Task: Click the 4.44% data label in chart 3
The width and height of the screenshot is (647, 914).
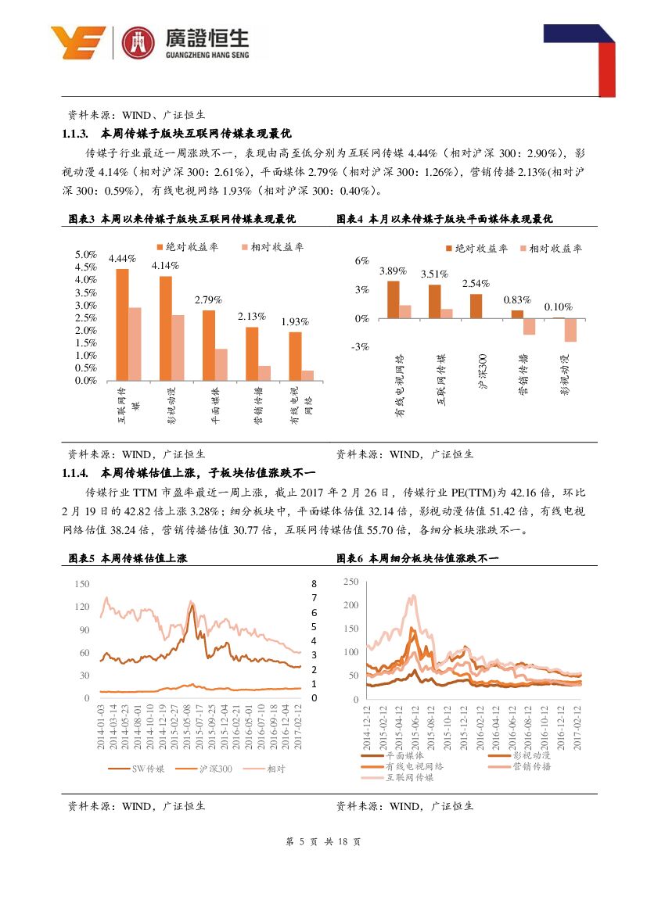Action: click(122, 258)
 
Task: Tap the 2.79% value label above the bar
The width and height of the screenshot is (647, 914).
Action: click(208, 299)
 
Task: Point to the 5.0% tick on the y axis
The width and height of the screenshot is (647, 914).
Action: click(85, 255)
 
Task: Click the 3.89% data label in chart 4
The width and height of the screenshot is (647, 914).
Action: click(393, 271)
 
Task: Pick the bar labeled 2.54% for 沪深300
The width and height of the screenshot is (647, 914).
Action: click(476, 306)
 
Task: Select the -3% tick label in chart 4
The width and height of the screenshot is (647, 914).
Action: click(361, 347)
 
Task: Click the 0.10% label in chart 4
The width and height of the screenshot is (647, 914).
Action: click(558, 307)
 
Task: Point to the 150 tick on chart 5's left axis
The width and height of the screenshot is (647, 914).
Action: click(82, 584)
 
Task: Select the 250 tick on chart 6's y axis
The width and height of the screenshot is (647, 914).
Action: click(350, 582)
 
